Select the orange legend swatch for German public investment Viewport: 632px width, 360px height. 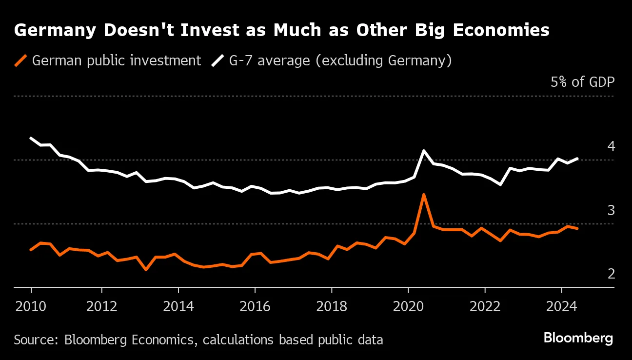coord(21,61)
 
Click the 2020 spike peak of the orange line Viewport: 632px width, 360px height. coord(424,194)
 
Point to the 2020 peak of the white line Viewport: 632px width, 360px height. coord(424,151)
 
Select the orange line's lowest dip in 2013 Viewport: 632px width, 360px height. coord(146,269)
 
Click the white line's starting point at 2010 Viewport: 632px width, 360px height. coord(31,138)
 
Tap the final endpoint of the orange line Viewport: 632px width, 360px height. coord(578,228)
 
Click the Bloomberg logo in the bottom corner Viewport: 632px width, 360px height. coord(578,338)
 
